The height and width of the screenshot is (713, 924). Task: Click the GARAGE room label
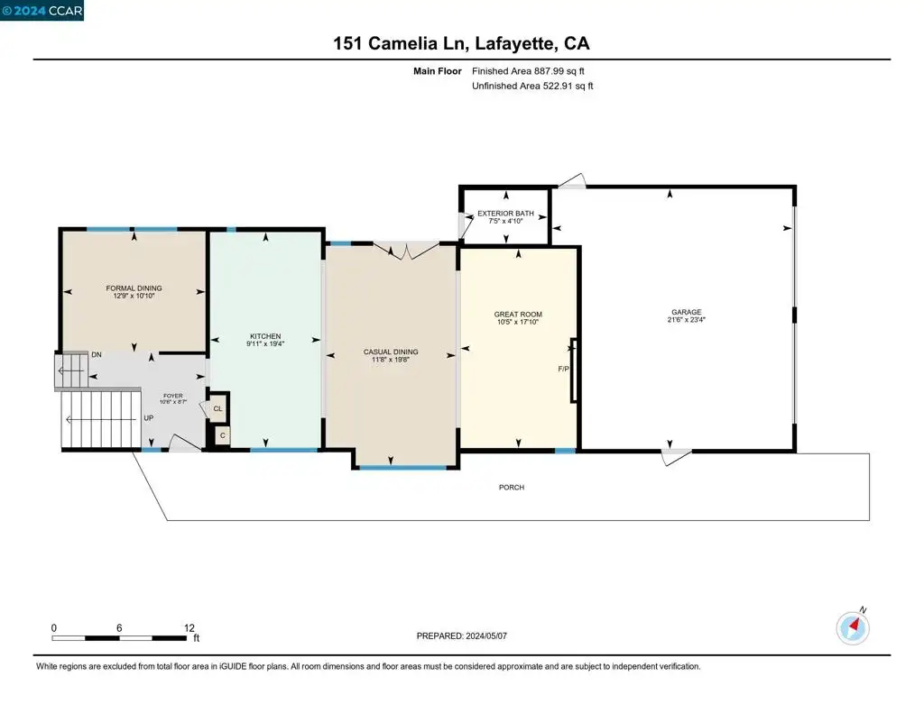point(687,312)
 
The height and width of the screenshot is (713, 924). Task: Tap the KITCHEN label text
point(265,336)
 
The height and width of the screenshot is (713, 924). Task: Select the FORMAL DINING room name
point(134,288)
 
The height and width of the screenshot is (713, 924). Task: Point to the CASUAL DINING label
point(391,352)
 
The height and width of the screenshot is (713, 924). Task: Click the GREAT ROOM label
point(518,315)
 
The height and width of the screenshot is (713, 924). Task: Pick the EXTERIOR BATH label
point(505,213)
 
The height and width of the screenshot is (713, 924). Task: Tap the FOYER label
point(173,396)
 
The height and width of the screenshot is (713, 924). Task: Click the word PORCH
point(512,487)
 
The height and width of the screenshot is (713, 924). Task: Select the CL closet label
point(218,408)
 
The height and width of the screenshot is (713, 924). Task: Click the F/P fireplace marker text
point(563,370)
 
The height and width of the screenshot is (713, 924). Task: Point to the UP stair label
point(149,418)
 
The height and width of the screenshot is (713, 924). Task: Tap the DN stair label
point(97,354)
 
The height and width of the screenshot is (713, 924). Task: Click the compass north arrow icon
point(853,627)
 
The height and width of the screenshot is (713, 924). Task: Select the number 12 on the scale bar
point(189,627)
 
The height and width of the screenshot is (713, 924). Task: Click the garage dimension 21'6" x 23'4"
point(687,320)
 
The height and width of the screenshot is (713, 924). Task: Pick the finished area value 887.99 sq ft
point(559,71)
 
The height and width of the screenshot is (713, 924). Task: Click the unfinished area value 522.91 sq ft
point(568,86)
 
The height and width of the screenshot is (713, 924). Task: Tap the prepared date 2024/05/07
point(486,635)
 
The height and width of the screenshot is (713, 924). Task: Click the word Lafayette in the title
point(513,43)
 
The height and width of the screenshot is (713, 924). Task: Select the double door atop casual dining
point(406,250)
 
